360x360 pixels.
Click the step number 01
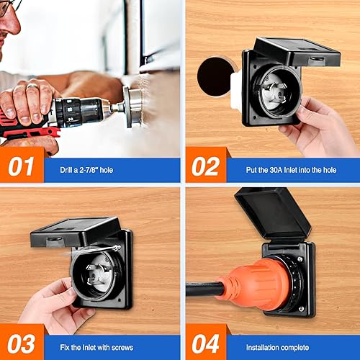tap(22, 167)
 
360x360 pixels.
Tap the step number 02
tap(205, 167)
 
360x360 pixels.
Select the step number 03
tap(22, 346)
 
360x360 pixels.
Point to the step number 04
tap(206, 346)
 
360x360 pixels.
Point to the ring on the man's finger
tap(32, 86)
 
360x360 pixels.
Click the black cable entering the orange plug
tap(205, 289)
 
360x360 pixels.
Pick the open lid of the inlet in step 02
tap(295, 52)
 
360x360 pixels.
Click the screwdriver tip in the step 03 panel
tap(116, 247)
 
